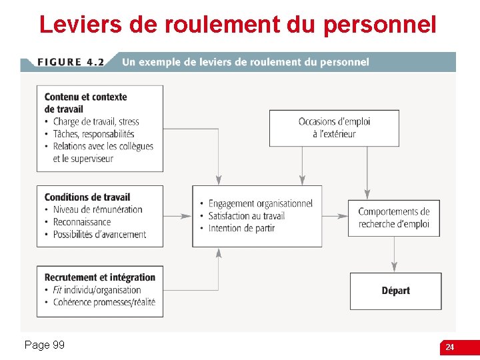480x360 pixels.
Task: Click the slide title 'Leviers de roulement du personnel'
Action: tap(237, 25)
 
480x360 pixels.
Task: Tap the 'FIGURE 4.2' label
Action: tap(71, 62)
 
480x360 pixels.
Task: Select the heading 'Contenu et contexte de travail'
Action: tap(85, 103)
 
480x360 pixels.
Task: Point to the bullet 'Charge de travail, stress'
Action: tap(95, 121)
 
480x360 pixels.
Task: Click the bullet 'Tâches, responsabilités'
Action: tap(93, 134)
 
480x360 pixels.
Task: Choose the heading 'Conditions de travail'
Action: tap(87, 197)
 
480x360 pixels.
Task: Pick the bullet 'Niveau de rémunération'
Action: tap(97, 209)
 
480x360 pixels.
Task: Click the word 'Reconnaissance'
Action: tap(82, 222)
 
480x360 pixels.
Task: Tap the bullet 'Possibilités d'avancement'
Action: tap(99, 235)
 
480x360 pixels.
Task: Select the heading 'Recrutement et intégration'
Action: tap(100, 277)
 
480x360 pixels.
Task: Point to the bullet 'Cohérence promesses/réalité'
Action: tap(104, 302)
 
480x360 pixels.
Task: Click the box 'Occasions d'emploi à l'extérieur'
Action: tap(334, 128)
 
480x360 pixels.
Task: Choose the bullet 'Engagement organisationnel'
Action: tap(260, 203)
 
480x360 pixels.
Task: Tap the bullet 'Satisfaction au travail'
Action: tap(246, 216)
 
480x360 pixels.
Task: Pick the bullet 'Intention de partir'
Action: tap(241, 228)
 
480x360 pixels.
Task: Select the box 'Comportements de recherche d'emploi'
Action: tap(394, 218)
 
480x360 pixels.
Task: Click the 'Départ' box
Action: tap(396, 291)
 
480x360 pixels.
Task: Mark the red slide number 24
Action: tap(450, 347)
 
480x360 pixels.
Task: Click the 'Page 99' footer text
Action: tap(44, 345)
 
